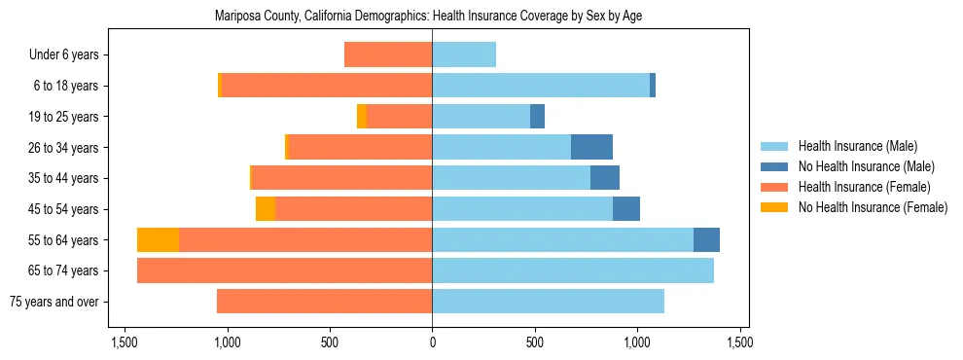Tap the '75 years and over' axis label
[x=53, y=302]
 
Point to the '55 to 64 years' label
[x=60, y=240]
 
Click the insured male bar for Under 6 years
[x=464, y=54]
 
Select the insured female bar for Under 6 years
[x=388, y=54]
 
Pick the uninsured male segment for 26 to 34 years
[x=591, y=147]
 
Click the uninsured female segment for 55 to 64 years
[x=158, y=240]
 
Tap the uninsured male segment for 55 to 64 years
[x=706, y=240]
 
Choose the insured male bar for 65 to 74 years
[x=573, y=270]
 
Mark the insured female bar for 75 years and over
[x=324, y=302]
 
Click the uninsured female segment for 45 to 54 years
[x=266, y=209]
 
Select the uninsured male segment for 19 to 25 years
[x=537, y=117]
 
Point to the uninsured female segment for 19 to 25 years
[x=362, y=117]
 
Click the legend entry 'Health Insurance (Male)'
[x=857, y=146]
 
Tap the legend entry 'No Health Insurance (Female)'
[x=873, y=207]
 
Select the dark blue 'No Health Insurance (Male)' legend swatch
[x=774, y=166]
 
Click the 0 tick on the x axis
[x=432, y=342]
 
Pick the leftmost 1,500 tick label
[x=125, y=342]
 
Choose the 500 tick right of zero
[x=534, y=342]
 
